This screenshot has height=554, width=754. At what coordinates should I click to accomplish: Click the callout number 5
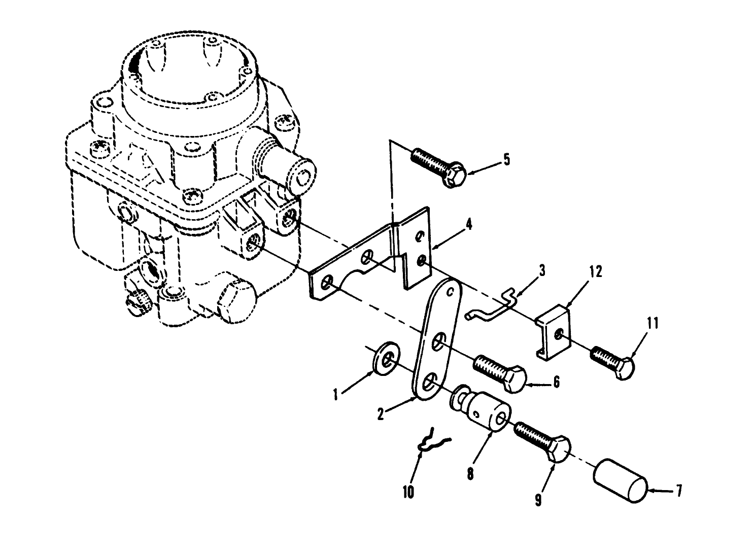pos(506,159)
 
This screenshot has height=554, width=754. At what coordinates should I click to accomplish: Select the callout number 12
pos(596,272)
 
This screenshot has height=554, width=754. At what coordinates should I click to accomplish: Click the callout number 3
pos(542,270)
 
